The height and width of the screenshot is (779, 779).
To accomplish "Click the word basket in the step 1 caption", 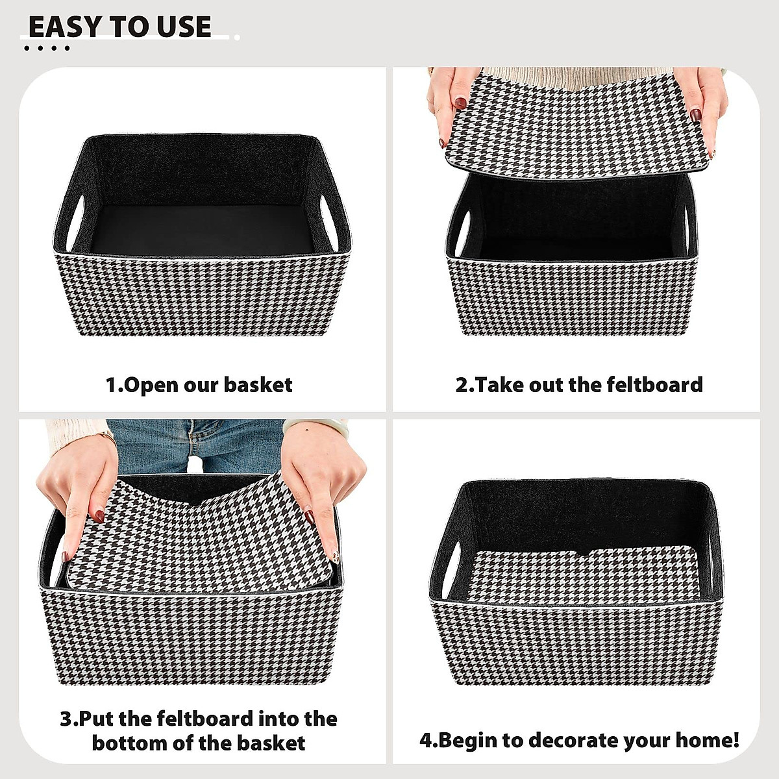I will [x=258, y=385].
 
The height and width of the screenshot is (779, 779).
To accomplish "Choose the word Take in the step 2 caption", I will [x=500, y=384].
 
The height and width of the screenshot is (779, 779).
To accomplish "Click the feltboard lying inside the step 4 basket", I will [x=584, y=571].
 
